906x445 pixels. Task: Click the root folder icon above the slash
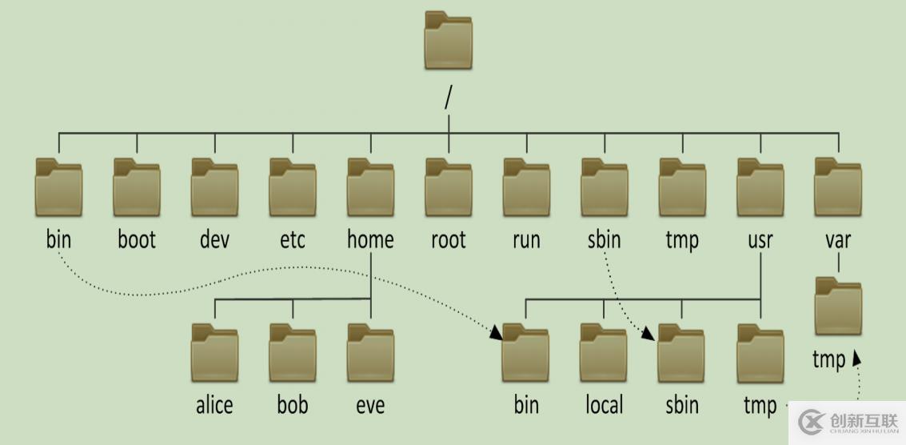[448, 40]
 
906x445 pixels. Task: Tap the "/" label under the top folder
[448, 96]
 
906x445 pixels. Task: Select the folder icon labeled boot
[137, 187]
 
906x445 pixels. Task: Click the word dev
[214, 239]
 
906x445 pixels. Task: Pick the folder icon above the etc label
[292, 187]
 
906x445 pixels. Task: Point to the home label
[370, 239]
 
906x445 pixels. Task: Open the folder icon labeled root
[448, 187]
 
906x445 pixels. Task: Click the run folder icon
[526, 187]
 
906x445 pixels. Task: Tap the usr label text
[760, 239]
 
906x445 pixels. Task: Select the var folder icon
[838, 187]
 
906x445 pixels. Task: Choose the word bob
[293, 405]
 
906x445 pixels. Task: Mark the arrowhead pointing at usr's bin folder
[497, 333]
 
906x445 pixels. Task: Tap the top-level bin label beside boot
[58, 239]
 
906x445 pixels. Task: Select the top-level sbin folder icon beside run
[604, 187]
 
